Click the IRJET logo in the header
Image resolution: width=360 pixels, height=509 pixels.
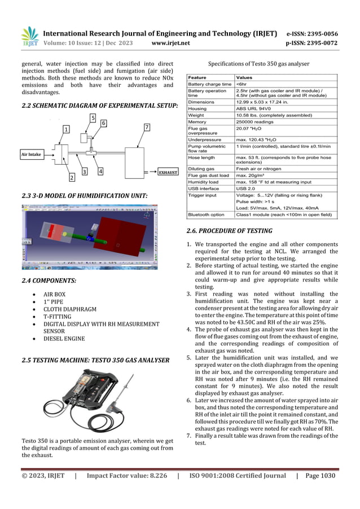pyautogui.click(x=29, y=36)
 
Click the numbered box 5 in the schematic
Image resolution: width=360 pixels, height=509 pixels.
pyautogui.click(x=93, y=117)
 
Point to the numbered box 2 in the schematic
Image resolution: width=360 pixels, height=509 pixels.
pyautogui.click(x=72, y=178)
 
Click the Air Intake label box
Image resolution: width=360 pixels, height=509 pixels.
pyautogui.click(x=32, y=153)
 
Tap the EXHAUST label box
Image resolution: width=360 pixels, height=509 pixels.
pyautogui.click(x=168, y=172)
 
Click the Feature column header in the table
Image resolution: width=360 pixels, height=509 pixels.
pyautogui.click(x=197, y=77)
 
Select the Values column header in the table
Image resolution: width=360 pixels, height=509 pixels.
pyautogui.click(x=244, y=77)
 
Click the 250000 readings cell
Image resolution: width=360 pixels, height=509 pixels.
pyautogui.click(x=256, y=121)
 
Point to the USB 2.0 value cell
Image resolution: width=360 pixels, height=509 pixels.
pyautogui.click(x=246, y=188)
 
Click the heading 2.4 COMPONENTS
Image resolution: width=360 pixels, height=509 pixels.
pyautogui.click(x=49, y=280)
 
